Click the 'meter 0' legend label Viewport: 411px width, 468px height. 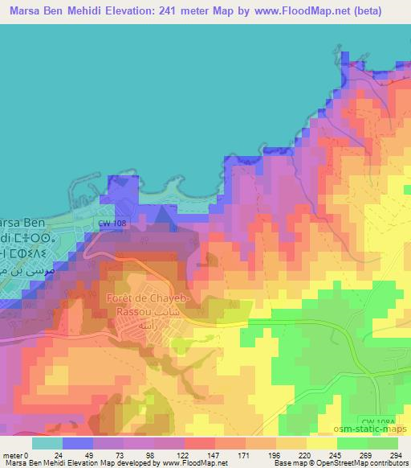(x=18, y=454)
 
